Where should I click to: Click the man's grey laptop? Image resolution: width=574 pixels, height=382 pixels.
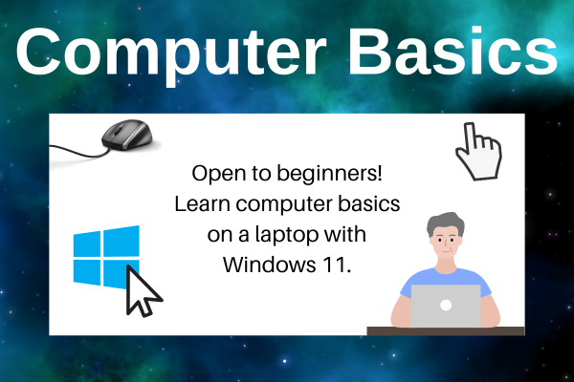coord(446,306)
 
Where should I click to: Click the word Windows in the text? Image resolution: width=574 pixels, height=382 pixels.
coord(270,263)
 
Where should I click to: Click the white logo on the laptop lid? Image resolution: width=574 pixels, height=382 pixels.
coord(446,306)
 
